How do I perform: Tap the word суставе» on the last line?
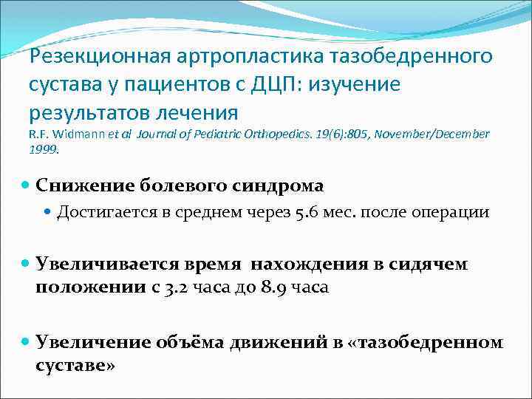pyautogui.click(x=75, y=366)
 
